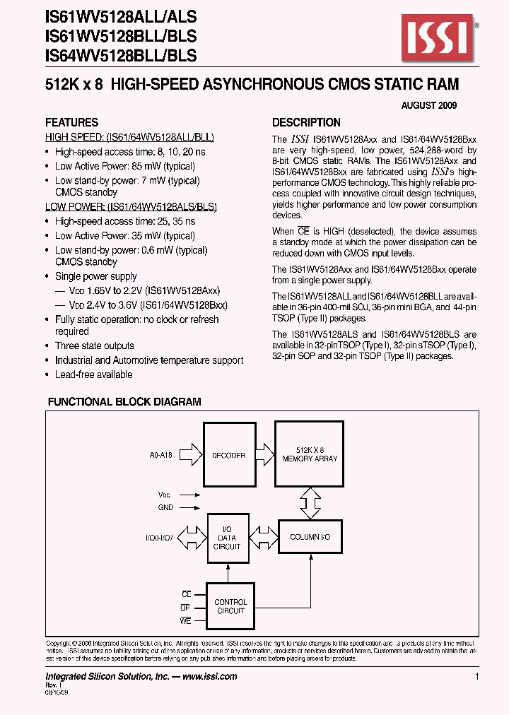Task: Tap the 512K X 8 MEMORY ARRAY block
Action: (310, 454)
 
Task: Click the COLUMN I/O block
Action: (310, 538)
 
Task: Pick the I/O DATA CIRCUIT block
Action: (227, 538)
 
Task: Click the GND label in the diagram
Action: (165, 507)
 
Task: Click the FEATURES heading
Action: (71, 122)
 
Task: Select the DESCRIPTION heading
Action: (306, 122)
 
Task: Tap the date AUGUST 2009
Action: (429, 105)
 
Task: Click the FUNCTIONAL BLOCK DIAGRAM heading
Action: (124, 402)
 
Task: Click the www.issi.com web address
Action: (209, 676)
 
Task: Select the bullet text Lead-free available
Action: (93, 374)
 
